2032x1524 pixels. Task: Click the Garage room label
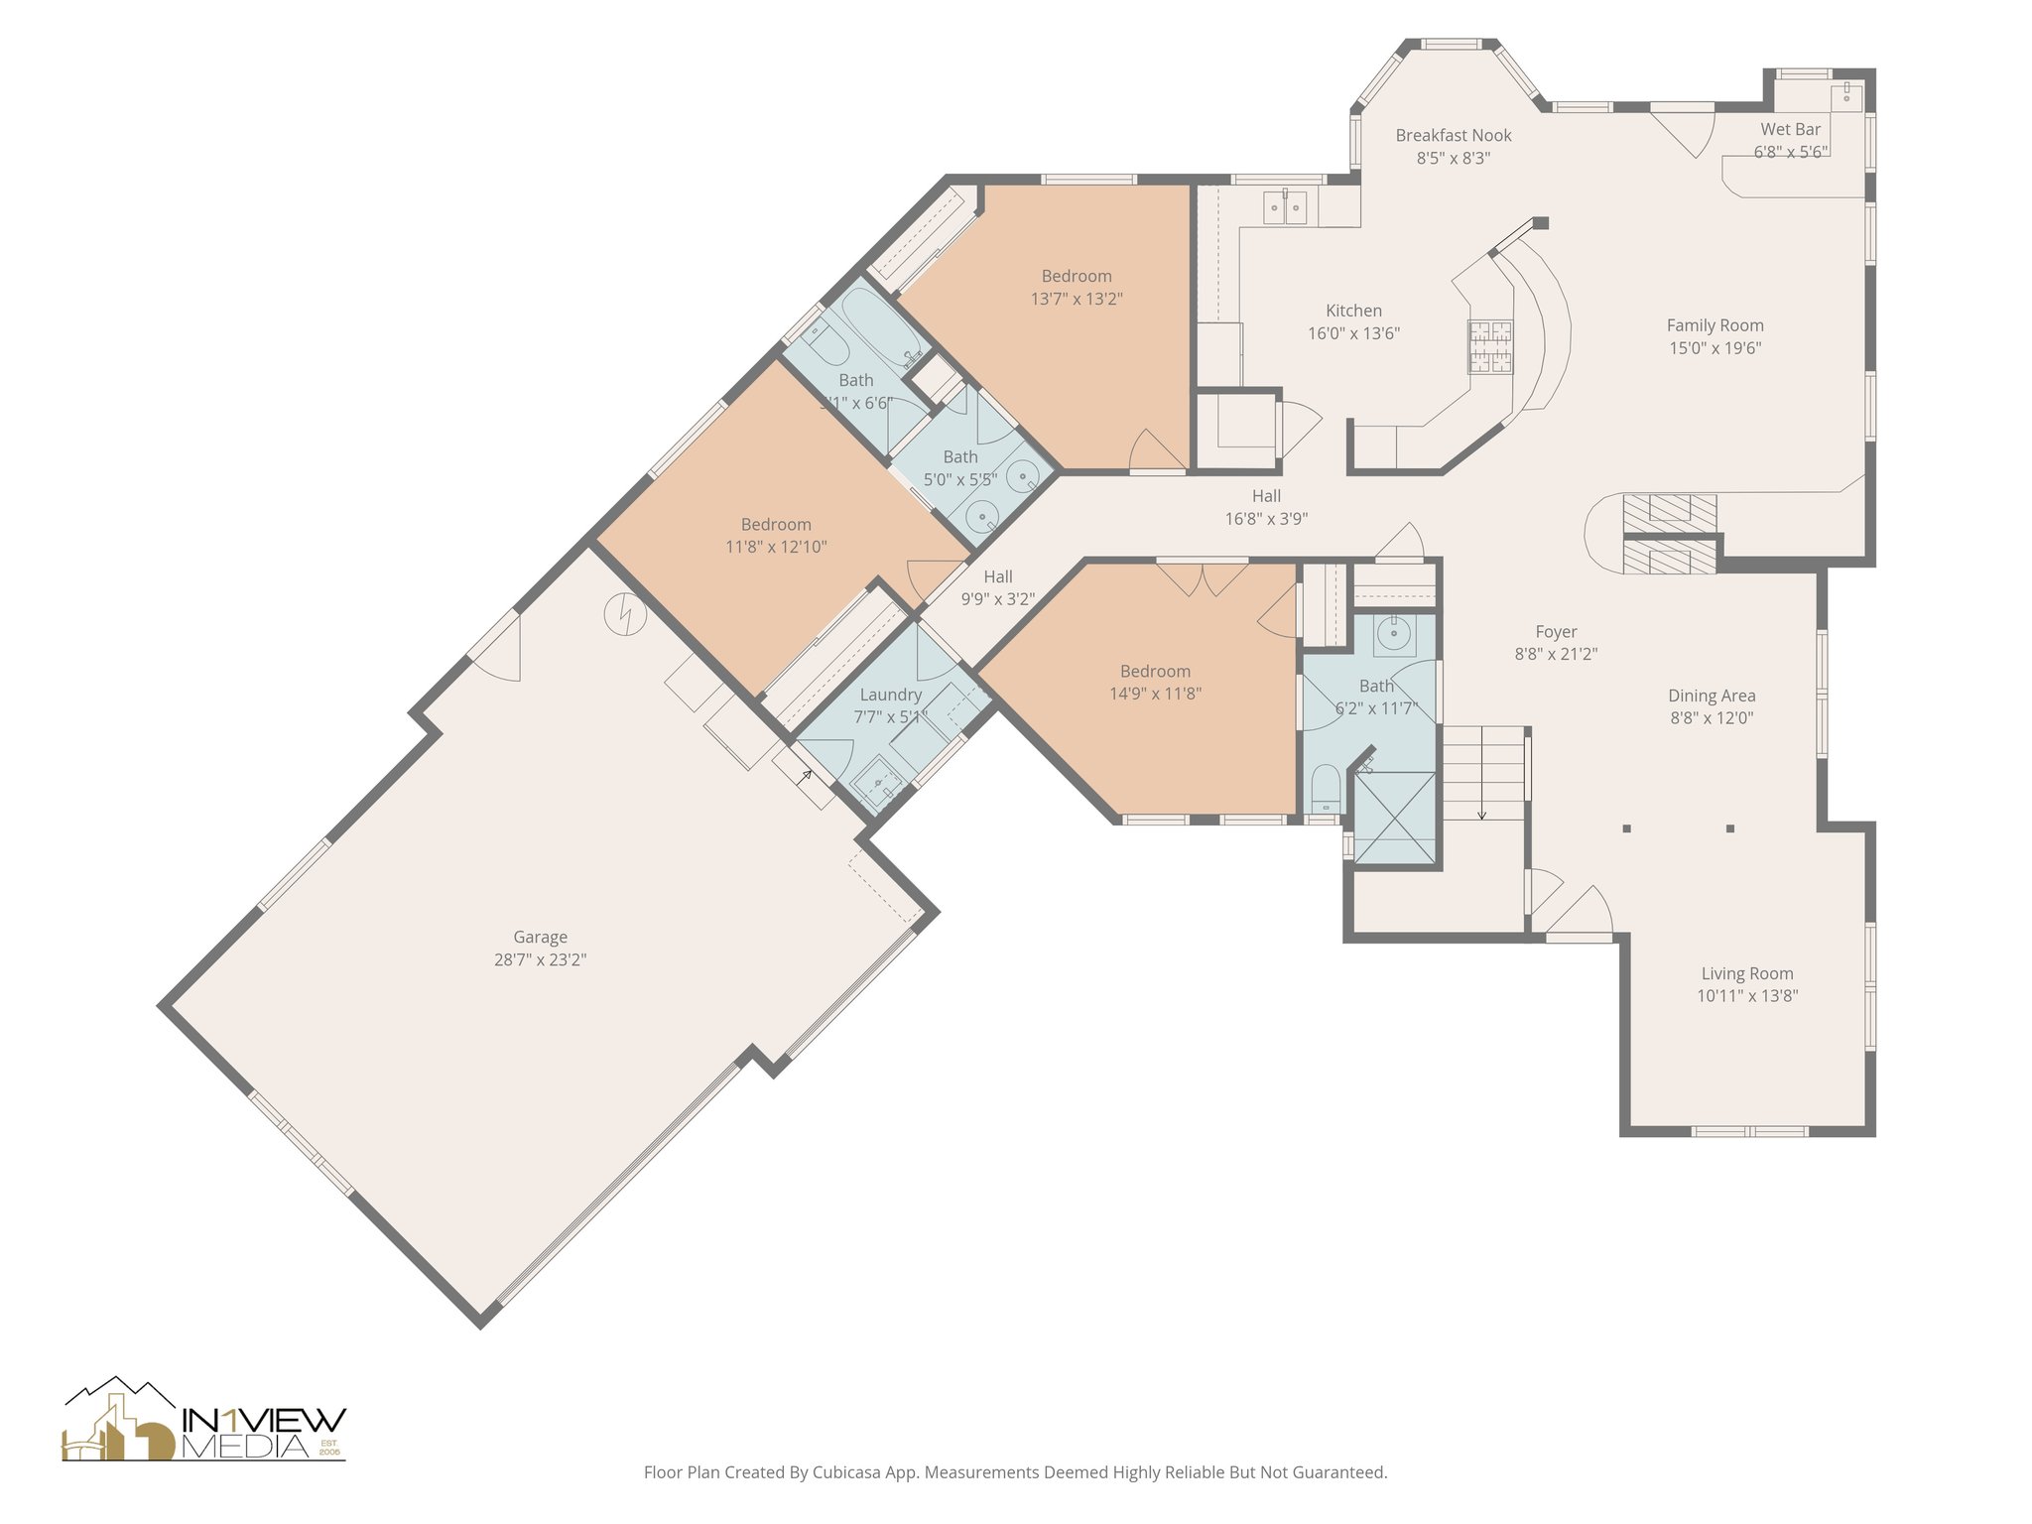point(540,937)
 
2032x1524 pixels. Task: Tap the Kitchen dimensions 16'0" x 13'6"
point(1353,334)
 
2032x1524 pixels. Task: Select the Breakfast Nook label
point(1454,135)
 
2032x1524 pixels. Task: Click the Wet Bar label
point(1790,129)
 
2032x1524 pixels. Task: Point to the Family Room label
point(1714,325)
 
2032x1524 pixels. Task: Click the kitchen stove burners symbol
point(1491,346)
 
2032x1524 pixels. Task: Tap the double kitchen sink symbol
point(1285,207)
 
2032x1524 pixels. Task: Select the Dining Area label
point(1712,696)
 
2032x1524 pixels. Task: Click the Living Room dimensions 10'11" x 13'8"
point(1746,996)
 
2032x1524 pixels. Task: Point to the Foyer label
point(1556,631)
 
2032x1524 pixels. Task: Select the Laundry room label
point(890,695)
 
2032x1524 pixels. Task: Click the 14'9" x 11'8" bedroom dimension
point(1155,694)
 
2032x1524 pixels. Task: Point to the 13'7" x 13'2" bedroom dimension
point(1077,299)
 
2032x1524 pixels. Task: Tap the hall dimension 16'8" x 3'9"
point(1266,519)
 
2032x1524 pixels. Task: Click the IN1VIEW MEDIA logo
point(204,1421)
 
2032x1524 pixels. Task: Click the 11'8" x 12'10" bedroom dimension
point(776,547)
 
